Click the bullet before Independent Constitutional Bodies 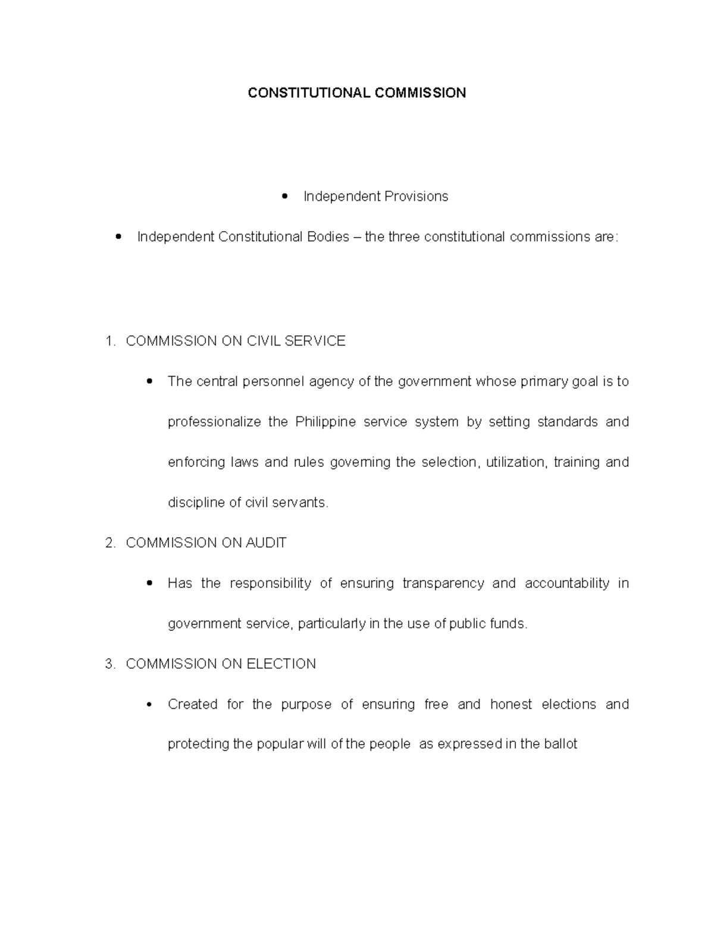[x=119, y=237]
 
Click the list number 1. [x=109, y=341]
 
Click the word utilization [x=515, y=462]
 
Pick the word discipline [x=195, y=503]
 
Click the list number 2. [x=109, y=543]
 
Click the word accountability [x=567, y=584]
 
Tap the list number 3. [x=109, y=664]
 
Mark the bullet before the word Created [x=149, y=705]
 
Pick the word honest [x=511, y=705]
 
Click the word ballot [x=560, y=745]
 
